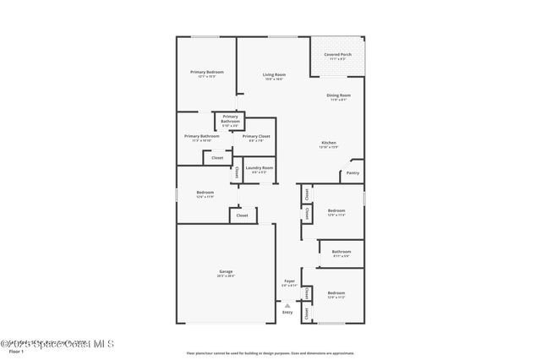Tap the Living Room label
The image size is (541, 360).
pyautogui.click(x=273, y=75)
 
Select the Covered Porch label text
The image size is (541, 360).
pyautogui.click(x=338, y=55)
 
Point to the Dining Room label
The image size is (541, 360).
pyautogui.click(x=339, y=95)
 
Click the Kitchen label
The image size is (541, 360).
pyautogui.click(x=329, y=143)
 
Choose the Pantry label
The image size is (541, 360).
pyautogui.click(x=352, y=172)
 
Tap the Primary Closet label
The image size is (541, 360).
pyautogui.click(x=256, y=136)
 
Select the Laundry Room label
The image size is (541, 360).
pyautogui.click(x=260, y=167)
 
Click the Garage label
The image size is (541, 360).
pyautogui.click(x=226, y=271)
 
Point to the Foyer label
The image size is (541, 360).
pyautogui.click(x=289, y=281)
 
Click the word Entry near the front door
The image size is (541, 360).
pyautogui.click(x=287, y=313)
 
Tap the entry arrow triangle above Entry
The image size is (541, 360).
pyautogui.click(x=287, y=305)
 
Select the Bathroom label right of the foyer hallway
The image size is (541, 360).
pyautogui.click(x=342, y=251)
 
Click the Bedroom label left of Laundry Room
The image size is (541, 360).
pyautogui.click(x=205, y=193)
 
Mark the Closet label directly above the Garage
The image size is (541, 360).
pyautogui.click(x=243, y=215)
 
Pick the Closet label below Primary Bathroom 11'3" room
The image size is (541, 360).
pyautogui.click(x=217, y=157)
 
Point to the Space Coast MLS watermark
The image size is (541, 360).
pyautogui.click(x=57, y=344)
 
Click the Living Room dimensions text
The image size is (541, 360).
pyautogui.click(x=273, y=79)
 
